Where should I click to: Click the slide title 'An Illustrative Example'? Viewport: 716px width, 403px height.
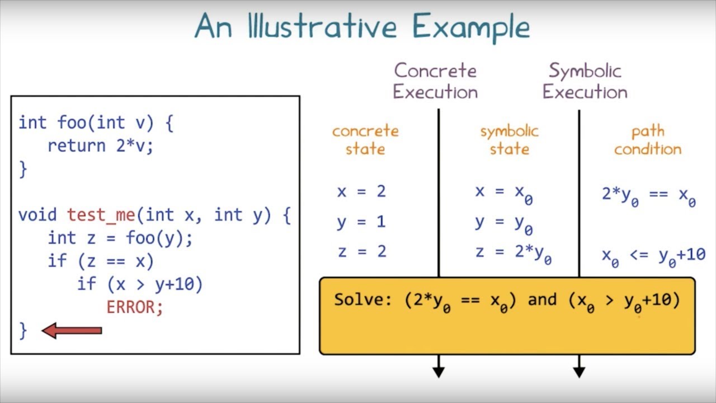click(362, 27)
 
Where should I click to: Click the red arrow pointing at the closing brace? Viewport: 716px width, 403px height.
click(72, 331)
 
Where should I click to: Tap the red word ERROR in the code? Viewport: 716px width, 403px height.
click(134, 307)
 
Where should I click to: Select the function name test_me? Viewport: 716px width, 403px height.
click(101, 215)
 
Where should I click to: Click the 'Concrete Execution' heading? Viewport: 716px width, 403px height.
click(435, 81)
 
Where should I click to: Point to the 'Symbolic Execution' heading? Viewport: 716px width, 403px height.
click(585, 81)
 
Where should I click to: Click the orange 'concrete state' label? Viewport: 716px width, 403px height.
click(365, 140)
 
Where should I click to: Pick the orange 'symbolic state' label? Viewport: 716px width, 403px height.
click(509, 140)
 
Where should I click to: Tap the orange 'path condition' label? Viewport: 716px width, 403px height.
click(648, 140)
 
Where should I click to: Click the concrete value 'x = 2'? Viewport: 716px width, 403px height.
click(361, 191)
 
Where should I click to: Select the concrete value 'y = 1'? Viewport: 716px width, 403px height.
click(361, 222)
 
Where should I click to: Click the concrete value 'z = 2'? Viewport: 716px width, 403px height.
click(362, 251)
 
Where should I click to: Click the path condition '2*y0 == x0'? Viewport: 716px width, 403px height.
click(648, 195)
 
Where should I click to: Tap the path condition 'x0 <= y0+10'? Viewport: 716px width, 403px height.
click(653, 256)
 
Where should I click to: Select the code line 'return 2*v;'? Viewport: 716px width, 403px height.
click(100, 146)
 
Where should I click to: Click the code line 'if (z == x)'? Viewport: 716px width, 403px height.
click(101, 261)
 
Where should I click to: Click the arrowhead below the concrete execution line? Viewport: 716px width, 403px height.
click(439, 371)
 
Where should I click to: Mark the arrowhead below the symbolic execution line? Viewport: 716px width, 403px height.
click(579, 371)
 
